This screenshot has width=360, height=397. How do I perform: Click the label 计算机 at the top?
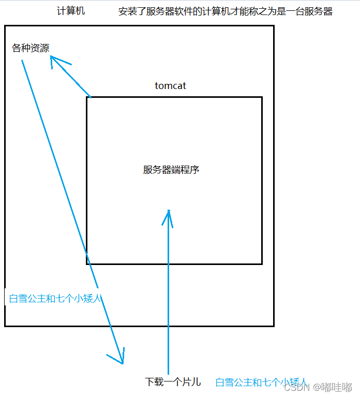71,11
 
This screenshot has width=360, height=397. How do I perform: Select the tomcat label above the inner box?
170,86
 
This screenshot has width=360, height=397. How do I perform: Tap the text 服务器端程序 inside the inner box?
171,170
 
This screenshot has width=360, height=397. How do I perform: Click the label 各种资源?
31,48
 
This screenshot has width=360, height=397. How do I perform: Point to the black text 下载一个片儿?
173,383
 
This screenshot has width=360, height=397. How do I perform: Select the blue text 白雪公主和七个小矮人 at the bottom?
262,383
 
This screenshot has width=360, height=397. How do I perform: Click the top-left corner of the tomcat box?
87,97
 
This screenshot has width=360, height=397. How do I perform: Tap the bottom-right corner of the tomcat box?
262,264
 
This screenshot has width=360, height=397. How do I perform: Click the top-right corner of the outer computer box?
273,26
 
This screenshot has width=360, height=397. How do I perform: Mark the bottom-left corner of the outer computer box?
5,326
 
